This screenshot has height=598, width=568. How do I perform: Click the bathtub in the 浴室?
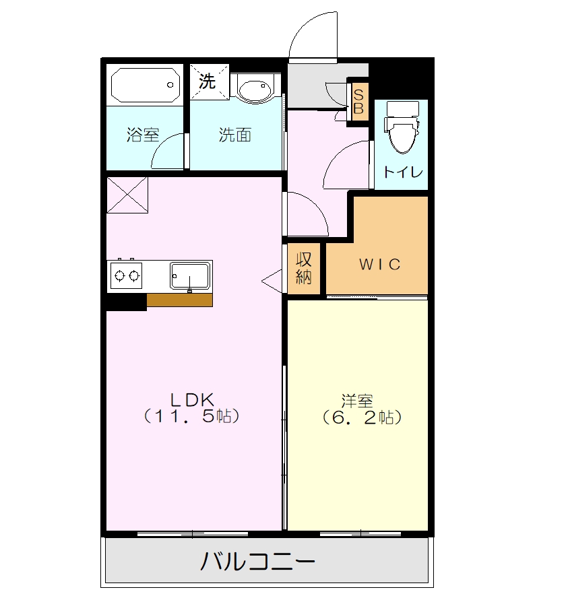click(x=146, y=85)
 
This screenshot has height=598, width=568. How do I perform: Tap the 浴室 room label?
click(x=143, y=135)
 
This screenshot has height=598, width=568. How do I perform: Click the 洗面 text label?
click(x=234, y=135)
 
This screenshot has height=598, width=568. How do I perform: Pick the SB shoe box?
click(x=358, y=101)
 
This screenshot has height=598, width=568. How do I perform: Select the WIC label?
click(x=379, y=264)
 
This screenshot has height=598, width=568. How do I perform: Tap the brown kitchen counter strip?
click(x=179, y=300)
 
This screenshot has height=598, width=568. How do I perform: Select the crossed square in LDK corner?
click(x=127, y=195)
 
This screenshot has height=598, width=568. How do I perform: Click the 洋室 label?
click(x=357, y=401)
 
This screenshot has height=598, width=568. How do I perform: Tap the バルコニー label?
click(x=258, y=560)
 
